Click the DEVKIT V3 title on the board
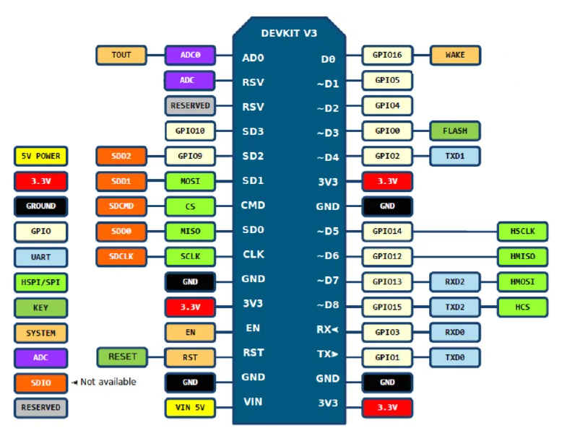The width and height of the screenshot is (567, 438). pyautogui.click(x=289, y=33)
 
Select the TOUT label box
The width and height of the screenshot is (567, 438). pyautogui.click(x=121, y=55)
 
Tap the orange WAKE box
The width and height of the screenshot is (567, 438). pyautogui.click(x=455, y=55)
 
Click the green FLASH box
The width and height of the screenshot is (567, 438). pyautogui.click(x=455, y=131)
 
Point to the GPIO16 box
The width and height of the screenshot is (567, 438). pyautogui.click(x=387, y=55)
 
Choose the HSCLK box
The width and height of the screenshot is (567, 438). pyautogui.click(x=522, y=232)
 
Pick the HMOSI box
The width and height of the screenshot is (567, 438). pyautogui.click(x=522, y=281)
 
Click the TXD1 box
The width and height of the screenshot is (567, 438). pyautogui.click(x=455, y=155)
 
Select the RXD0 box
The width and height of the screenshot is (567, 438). pyautogui.click(x=455, y=333)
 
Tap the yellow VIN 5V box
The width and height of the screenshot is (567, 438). pyautogui.click(x=190, y=408)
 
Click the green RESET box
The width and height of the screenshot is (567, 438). pyautogui.click(x=122, y=356)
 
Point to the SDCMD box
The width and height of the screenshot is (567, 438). pyautogui.click(x=121, y=206)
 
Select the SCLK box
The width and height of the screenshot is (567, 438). pyautogui.click(x=190, y=256)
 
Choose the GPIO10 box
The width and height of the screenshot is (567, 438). pyautogui.click(x=190, y=131)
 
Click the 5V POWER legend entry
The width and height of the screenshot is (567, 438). pyautogui.click(x=40, y=156)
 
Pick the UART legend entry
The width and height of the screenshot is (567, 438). pyautogui.click(x=40, y=258)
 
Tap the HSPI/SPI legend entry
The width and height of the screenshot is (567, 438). pyautogui.click(x=40, y=282)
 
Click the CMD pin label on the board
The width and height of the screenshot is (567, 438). pyautogui.click(x=253, y=206)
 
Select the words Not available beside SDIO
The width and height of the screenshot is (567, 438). pyautogui.click(x=107, y=382)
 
